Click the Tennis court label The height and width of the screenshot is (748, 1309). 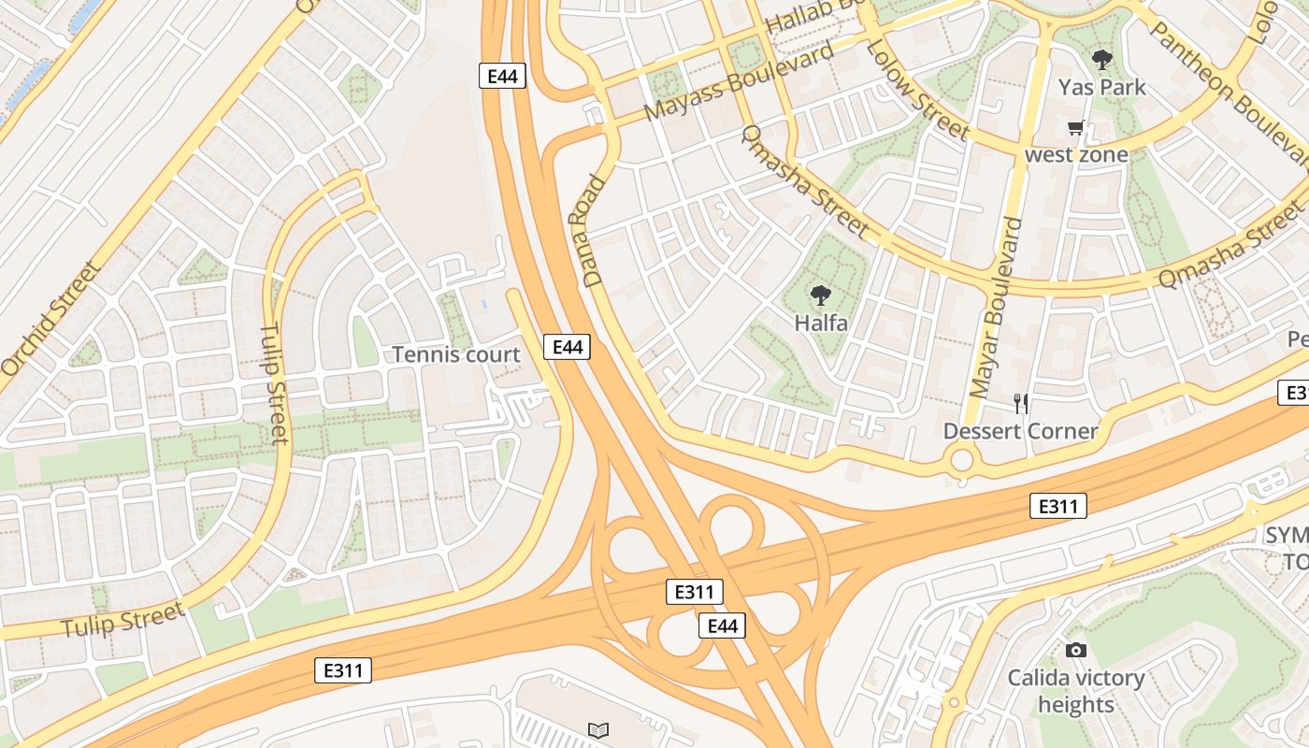455,354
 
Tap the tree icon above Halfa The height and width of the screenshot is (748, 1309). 821,295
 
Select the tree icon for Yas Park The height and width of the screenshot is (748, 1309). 1102,60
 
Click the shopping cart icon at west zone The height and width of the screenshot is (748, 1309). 1076,128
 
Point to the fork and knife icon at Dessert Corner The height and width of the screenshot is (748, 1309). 1021,404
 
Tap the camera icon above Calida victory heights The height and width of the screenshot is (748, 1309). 1076,650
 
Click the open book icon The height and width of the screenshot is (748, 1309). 598,729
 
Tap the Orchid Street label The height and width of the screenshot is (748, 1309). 50,318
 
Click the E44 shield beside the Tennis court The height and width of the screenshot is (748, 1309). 567,347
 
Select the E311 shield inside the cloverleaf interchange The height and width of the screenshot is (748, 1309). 694,592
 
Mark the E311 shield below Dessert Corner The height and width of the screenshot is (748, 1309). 1058,507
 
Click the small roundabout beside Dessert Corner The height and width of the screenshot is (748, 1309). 961,460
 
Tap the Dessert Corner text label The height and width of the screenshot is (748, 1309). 1020,431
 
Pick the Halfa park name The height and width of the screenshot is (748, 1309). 821,324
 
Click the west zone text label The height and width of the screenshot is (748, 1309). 1076,154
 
